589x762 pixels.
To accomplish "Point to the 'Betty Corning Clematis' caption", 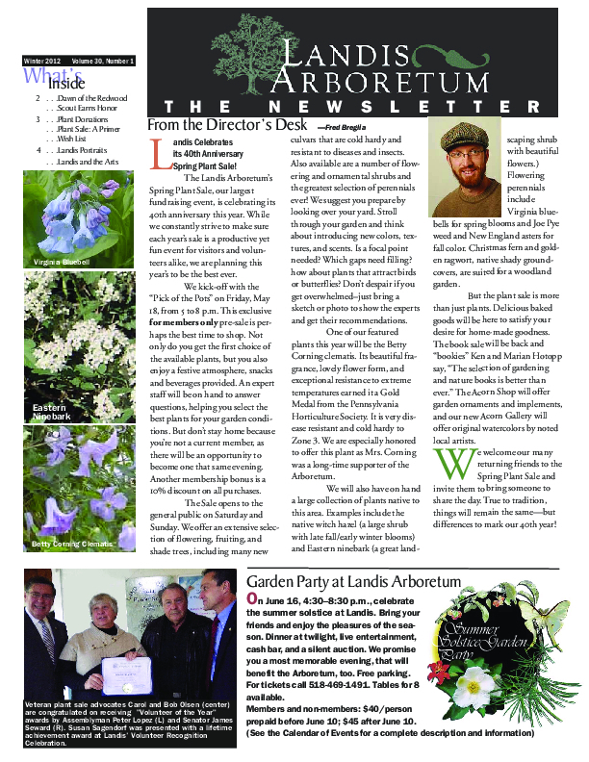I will (x=70, y=545).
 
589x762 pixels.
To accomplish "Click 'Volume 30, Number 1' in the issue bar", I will (x=101, y=62).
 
